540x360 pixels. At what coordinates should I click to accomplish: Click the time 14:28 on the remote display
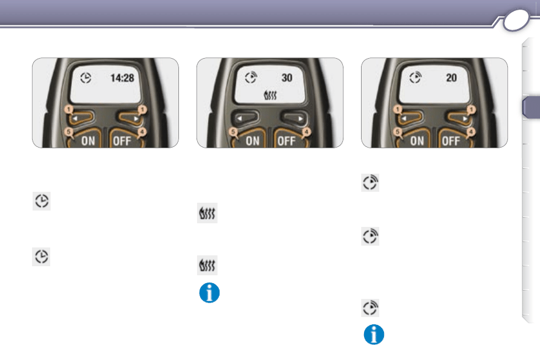point(122,78)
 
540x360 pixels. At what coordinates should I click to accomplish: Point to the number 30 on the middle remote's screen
point(287,78)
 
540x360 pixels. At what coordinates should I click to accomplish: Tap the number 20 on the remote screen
point(452,78)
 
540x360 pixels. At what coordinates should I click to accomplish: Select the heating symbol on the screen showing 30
point(270,95)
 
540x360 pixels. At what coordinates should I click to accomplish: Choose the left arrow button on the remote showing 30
point(244,118)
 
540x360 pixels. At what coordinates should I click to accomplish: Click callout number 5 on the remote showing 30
point(233,132)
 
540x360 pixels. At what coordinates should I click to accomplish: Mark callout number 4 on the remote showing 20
point(471,132)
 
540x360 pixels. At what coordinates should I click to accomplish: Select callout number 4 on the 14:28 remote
point(142,132)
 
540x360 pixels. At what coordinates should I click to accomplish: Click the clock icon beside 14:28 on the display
point(86,78)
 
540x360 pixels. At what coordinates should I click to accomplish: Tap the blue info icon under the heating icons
point(209,293)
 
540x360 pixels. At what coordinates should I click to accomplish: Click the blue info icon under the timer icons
point(374,335)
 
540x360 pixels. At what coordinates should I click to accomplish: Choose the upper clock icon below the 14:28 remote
point(42,201)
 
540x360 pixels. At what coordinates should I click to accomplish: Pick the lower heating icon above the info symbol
point(207,265)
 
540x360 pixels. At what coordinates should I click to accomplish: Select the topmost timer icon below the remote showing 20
point(370,183)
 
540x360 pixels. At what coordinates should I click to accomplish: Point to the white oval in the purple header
point(516,20)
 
